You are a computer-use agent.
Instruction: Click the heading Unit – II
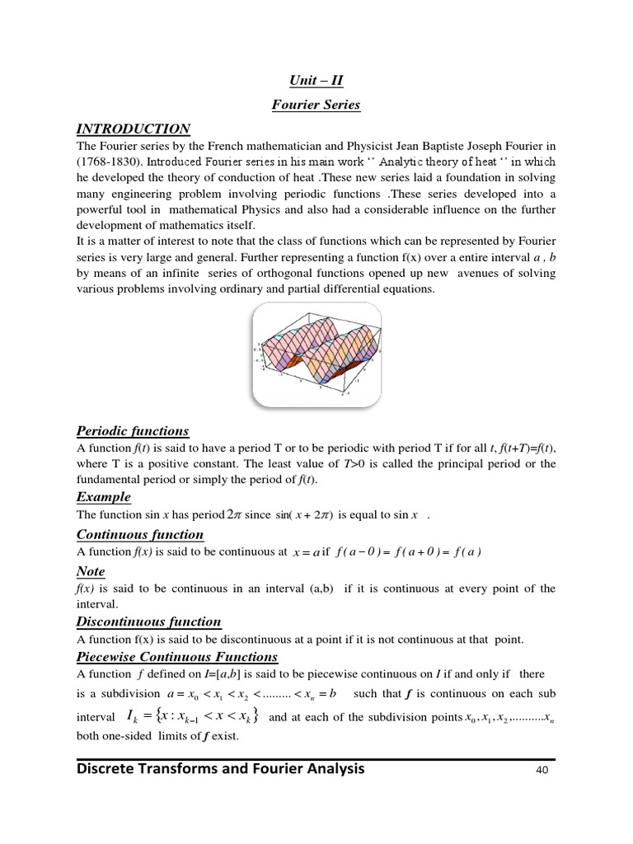(x=316, y=81)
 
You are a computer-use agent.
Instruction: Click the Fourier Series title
(x=316, y=105)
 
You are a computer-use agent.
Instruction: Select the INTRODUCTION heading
(x=134, y=129)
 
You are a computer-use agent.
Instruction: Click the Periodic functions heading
(x=133, y=431)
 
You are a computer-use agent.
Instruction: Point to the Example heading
(x=104, y=497)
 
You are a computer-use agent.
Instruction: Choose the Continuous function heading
(x=140, y=535)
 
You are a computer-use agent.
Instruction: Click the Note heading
(x=91, y=572)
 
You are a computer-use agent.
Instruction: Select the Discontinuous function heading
(x=148, y=621)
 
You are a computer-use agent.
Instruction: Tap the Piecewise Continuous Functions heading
(x=177, y=657)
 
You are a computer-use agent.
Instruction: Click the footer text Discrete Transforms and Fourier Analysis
(x=221, y=770)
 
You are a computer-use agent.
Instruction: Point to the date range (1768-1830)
(x=110, y=161)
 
